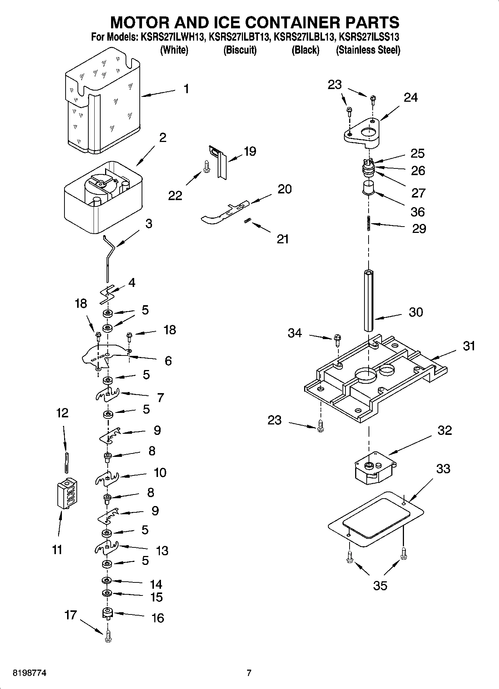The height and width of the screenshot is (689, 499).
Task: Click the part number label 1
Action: [x=186, y=89]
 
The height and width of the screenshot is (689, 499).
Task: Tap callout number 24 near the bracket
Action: [x=410, y=98]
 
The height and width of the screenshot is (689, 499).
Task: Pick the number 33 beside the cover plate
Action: [x=443, y=468]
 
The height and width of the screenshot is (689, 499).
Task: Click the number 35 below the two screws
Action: [x=380, y=586]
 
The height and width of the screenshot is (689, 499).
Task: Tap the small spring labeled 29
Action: [x=369, y=224]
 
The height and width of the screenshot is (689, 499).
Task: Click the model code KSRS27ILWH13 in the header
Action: [x=172, y=37]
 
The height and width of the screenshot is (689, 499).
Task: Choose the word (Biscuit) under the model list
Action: [x=240, y=50]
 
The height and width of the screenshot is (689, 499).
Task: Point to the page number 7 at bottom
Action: [x=249, y=673]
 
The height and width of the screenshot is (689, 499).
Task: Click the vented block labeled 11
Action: [x=67, y=494]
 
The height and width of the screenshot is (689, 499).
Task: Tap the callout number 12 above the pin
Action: [x=62, y=413]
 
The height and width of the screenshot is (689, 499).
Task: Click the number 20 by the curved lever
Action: [x=284, y=189]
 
